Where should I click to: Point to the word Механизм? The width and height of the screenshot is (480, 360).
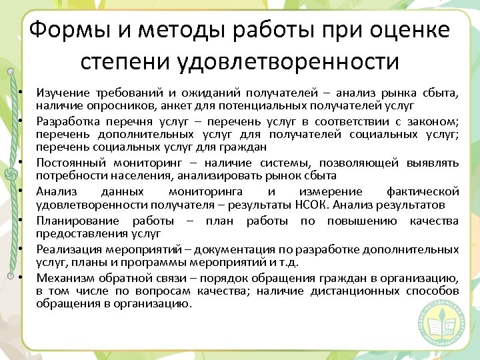pyautogui.click(x=64, y=279)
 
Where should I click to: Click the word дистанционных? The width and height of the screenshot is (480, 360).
pyautogui.click(x=364, y=291)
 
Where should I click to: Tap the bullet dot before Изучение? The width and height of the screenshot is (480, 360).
pyautogui.click(x=21, y=92)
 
